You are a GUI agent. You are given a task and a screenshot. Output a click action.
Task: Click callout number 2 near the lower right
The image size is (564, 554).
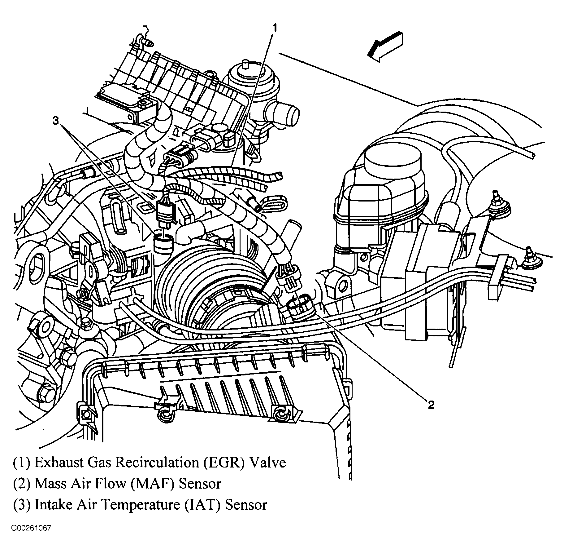coord(431,405)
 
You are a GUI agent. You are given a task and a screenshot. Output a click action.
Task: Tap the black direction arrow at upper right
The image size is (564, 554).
coord(384,47)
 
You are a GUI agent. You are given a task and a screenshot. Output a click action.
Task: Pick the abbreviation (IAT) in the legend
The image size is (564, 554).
coord(202,504)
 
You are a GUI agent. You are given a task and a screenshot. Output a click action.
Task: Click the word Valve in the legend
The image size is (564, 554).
coord(268,462)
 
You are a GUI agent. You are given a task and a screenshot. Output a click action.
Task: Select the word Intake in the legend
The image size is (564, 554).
coord(51,504)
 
